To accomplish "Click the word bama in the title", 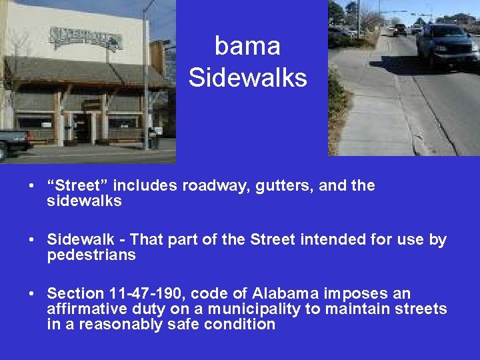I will coord(247,47).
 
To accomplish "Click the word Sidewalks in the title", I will coord(247,78).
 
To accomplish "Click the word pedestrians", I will coord(91,255).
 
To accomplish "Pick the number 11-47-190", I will coord(147,294).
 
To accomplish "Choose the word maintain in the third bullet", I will coord(373,309).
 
